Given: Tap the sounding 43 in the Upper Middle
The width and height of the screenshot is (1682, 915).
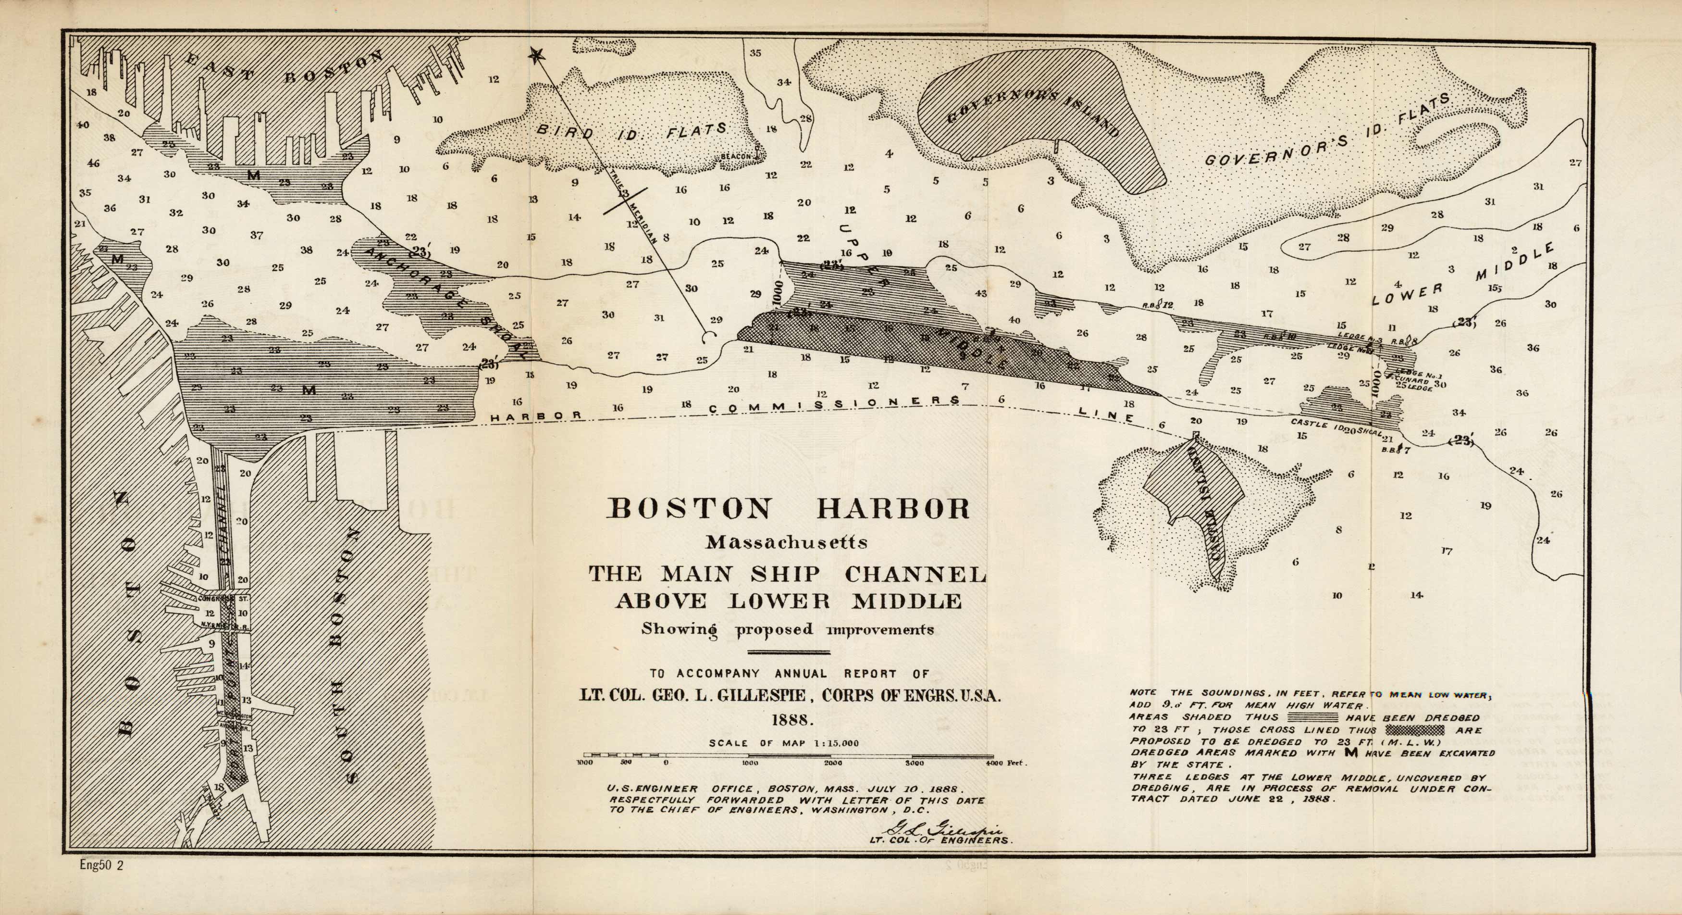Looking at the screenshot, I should coord(981,293).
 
